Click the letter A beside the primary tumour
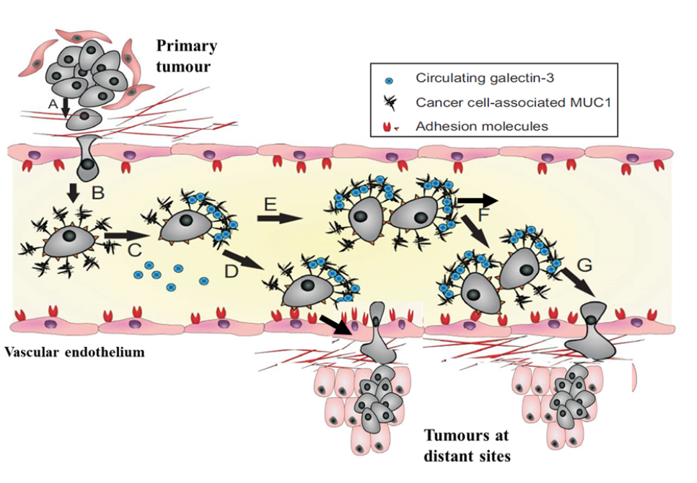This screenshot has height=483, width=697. (x=52, y=104)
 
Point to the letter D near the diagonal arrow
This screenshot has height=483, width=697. (x=232, y=272)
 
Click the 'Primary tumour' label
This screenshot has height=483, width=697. (x=186, y=56)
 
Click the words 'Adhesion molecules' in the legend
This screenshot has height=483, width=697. (x=482, y=126)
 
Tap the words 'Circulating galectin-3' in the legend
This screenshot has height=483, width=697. (x=480, y=78)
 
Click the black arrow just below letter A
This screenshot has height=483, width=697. (x=65, y=110)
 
